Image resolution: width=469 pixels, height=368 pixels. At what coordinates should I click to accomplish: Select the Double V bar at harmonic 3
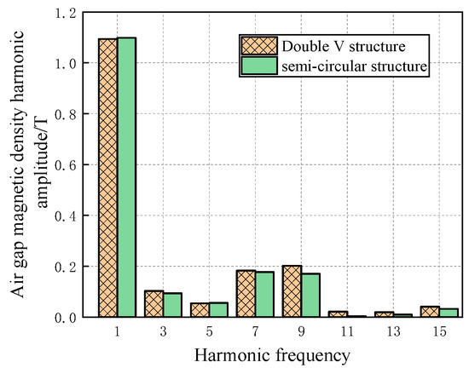click(153, 304)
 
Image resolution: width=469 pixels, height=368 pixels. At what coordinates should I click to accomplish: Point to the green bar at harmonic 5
click(218, 310)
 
